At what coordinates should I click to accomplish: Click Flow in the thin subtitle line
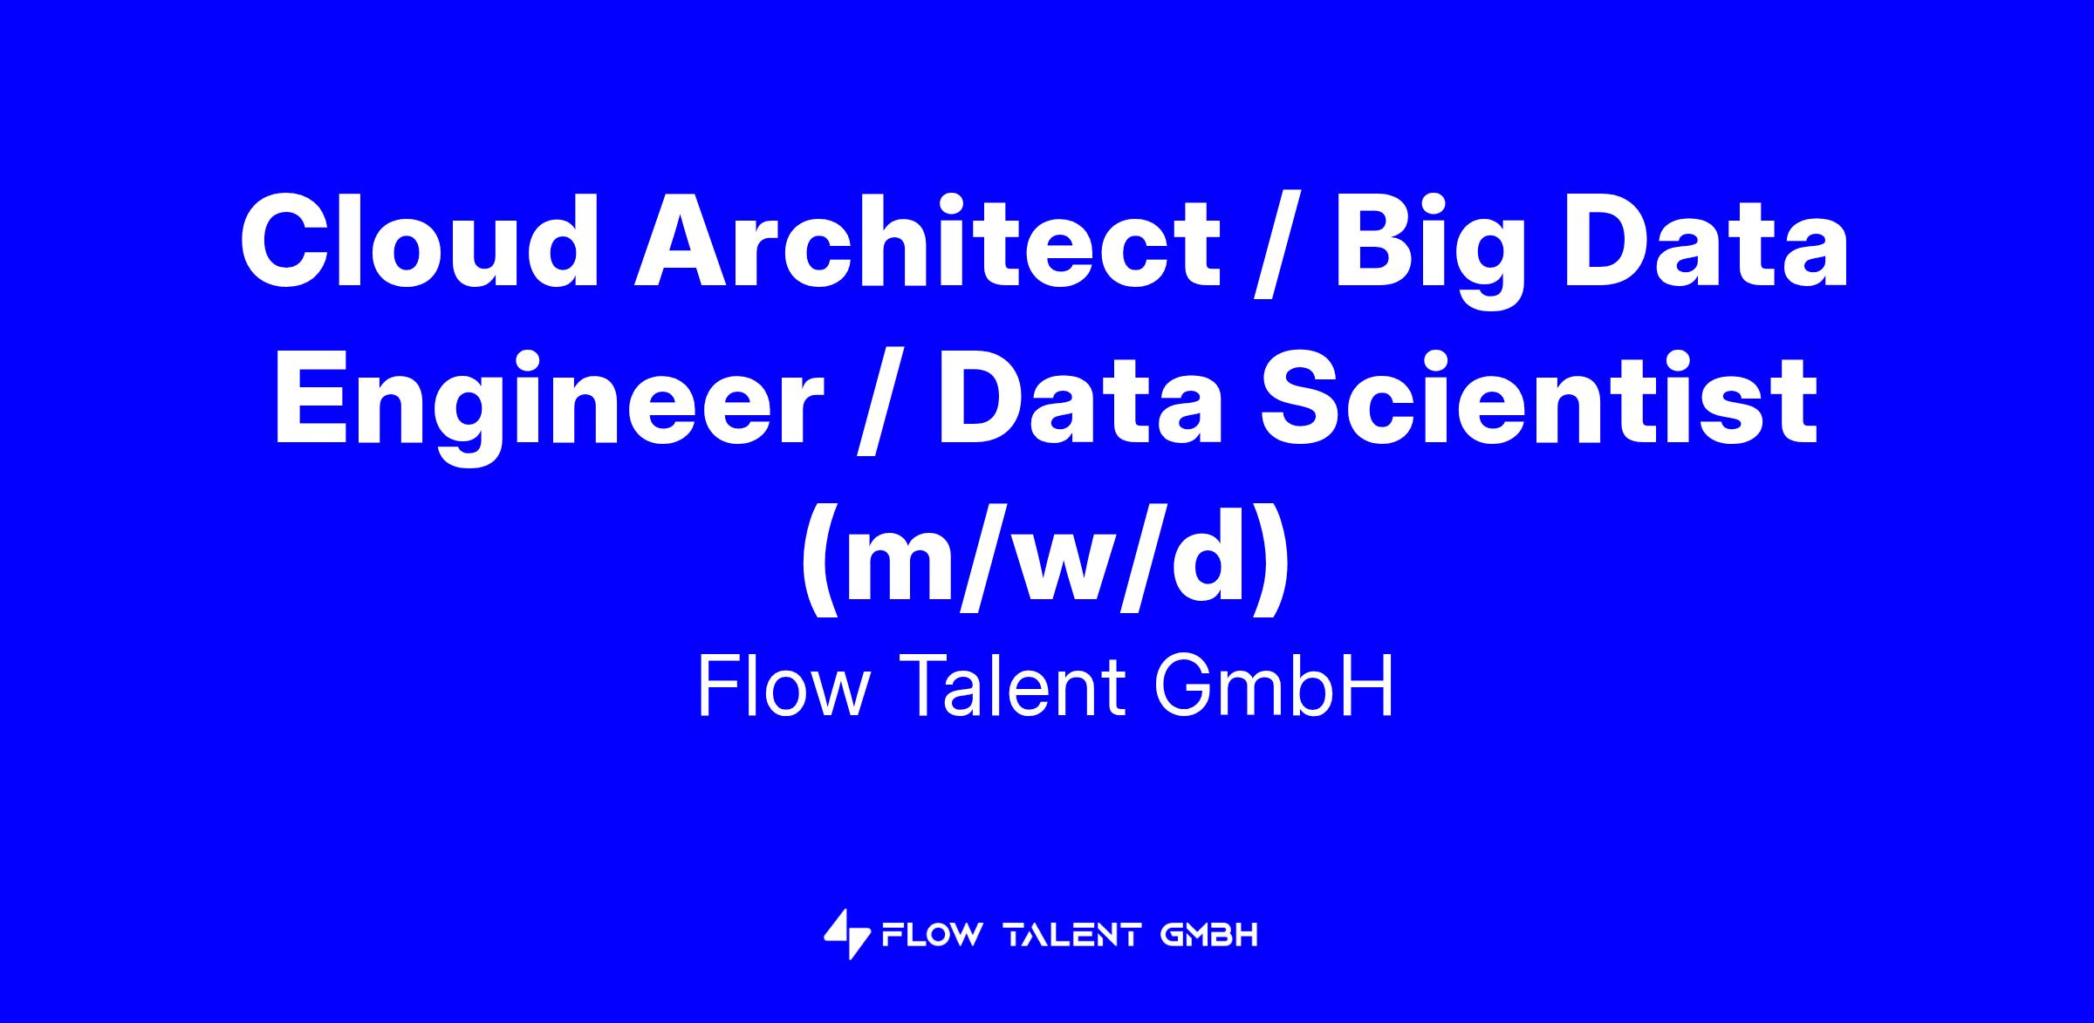(x=784, y=689)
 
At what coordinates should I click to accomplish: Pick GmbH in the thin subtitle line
(x=1274, y=689)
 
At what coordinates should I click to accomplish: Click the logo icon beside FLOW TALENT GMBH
(x=847, y=934)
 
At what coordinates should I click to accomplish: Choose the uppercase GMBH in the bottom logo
(x=1209, y=936)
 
